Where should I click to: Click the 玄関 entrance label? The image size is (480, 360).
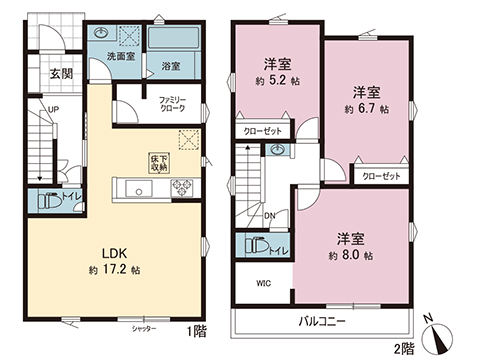coord(60,74)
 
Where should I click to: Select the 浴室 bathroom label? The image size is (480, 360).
coord(169,67)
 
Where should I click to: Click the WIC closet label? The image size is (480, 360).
coord(263,282)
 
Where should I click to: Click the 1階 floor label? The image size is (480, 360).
coord(197,327)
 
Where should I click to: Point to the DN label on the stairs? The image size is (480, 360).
coord(269,214)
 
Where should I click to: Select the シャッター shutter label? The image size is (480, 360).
coord(145,327)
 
